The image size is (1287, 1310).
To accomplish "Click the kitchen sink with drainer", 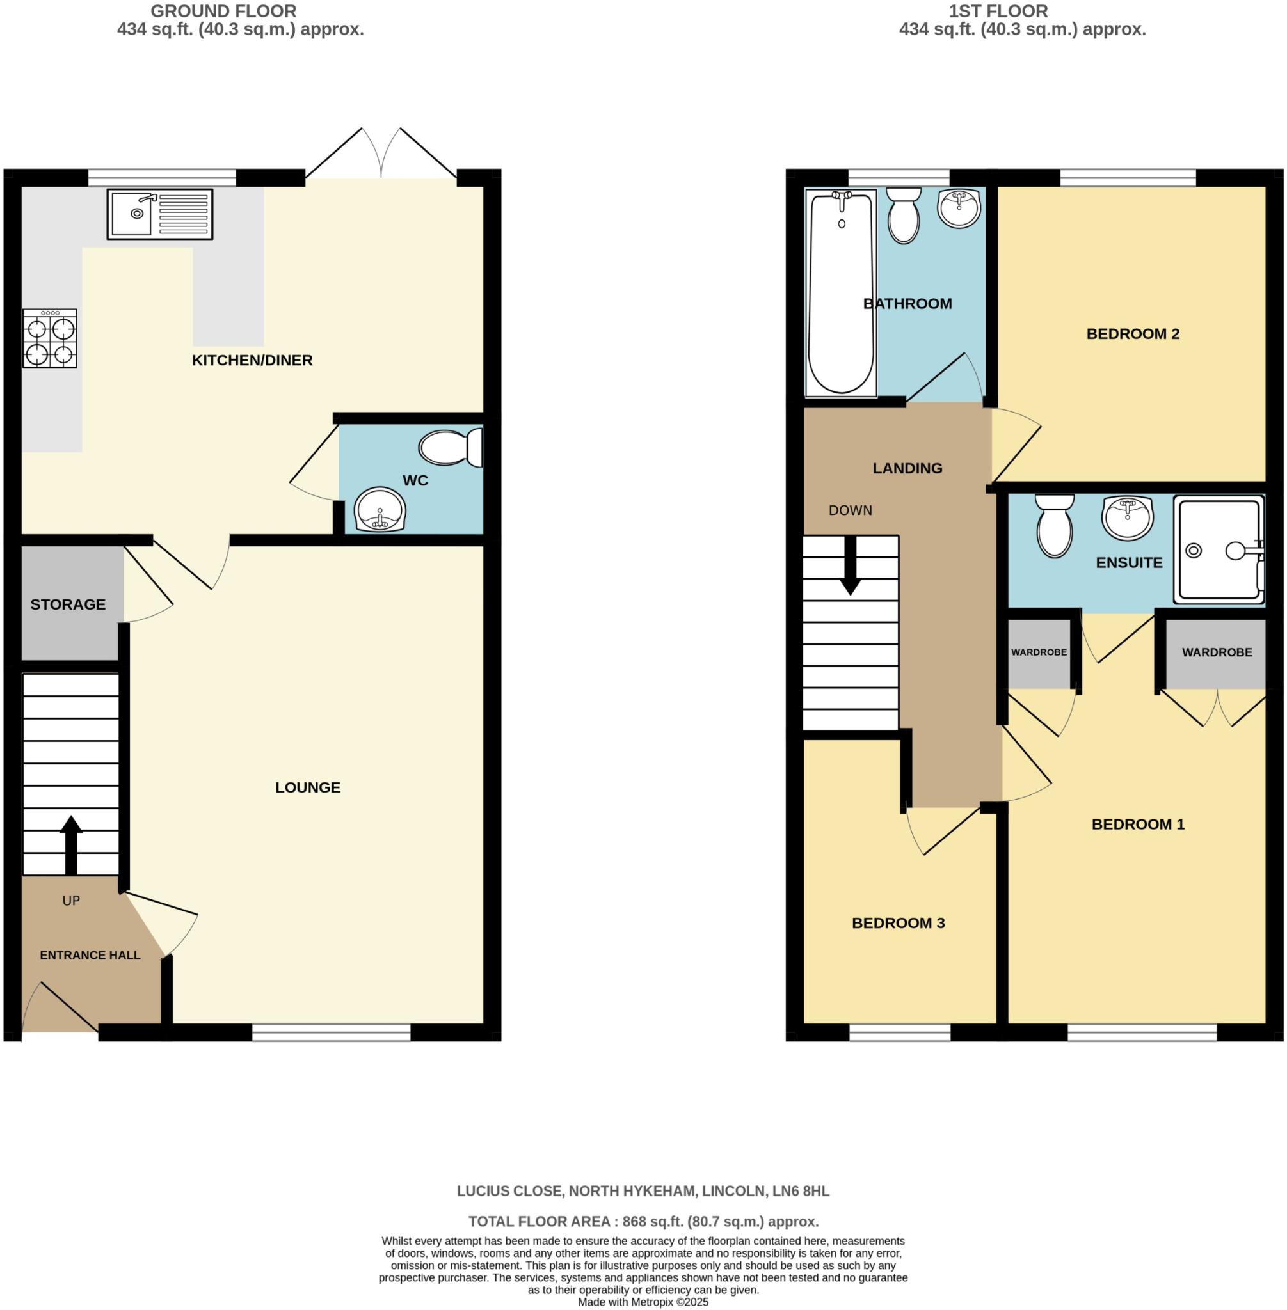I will (x=159, y=214).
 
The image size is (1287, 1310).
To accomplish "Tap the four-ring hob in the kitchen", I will (x=49, y=338).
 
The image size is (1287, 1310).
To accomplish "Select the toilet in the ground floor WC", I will (x=450, y=448).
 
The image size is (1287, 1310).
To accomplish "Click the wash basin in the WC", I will (x=380, y=509).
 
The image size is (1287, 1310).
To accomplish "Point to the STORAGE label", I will (x=68, y=604).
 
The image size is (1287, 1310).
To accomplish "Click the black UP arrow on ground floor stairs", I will (x=71, y=844).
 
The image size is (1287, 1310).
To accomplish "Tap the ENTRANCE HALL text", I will (x=90, y=955).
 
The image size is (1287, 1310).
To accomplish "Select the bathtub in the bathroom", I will (x=841, y=292).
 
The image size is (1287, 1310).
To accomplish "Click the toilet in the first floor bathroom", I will (x=903, y=215).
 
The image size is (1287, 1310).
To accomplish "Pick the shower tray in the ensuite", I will (x=1219, y=550).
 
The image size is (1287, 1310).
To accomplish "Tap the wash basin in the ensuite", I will (x=1127, y=517).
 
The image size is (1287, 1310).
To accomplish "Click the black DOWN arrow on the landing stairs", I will (x=851, y=565).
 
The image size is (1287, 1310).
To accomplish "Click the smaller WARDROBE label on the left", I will (x=1038, y=652).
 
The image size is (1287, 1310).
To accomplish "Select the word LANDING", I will (x=907, y=468).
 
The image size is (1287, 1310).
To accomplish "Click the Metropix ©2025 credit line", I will (x=643, y=1302).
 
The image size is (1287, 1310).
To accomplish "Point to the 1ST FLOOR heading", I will (x=998, y=12).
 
